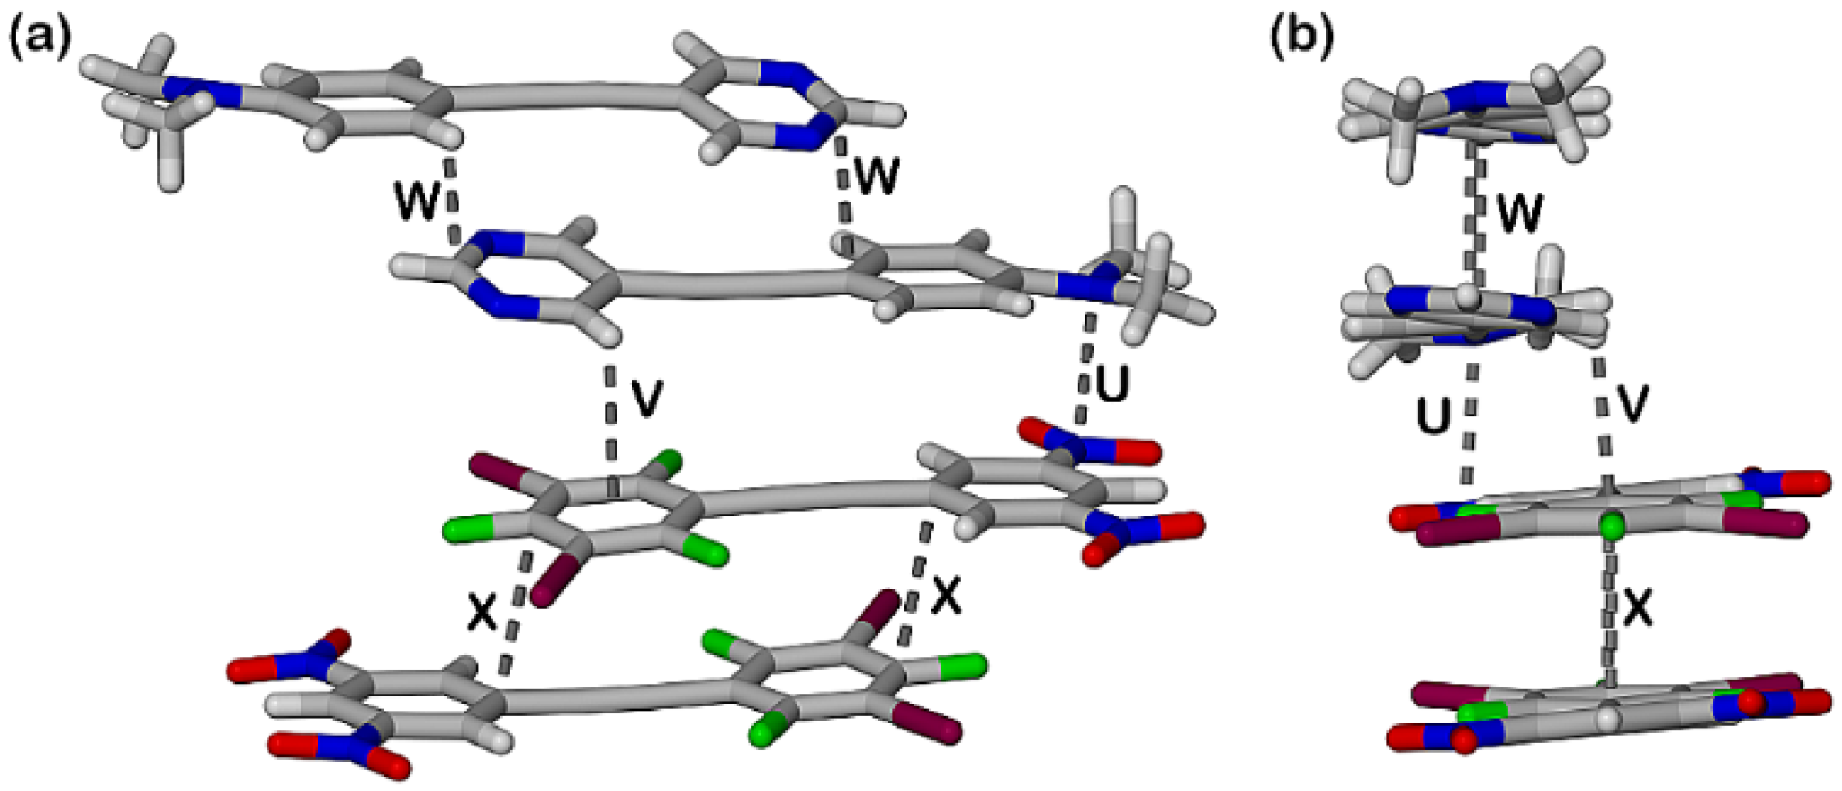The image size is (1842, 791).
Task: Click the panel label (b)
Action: pos(1303,38)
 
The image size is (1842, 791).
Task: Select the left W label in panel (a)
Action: pos(417,202)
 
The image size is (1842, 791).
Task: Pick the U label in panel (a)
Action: pos(1111,383)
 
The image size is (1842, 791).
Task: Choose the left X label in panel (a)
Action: pos(483,613)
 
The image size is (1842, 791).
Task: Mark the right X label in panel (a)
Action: pos(946,596)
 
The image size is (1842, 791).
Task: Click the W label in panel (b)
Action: pos(1519,215)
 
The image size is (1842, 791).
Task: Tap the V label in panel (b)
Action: pos(1631,403)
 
